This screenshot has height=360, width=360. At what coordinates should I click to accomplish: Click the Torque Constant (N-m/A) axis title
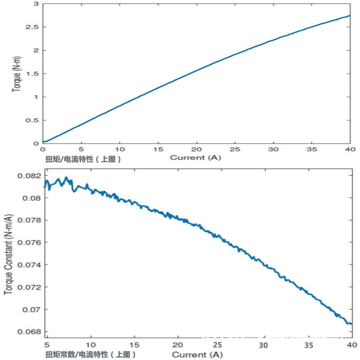click(8, 254)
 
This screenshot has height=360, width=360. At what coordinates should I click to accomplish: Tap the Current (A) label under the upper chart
click(196, 158)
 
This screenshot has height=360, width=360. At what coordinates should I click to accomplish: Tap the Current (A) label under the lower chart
click(198, 355)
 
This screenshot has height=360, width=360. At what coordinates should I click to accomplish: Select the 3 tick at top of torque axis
click(36, 4)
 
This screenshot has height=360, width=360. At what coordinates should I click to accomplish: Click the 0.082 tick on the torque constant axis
click(29, 175)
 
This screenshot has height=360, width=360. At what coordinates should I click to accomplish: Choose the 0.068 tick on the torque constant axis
click(29, 332)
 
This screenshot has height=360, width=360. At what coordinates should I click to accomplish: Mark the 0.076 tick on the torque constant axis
click(29, 243)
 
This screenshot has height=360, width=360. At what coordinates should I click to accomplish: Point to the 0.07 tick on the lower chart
click(31, 310)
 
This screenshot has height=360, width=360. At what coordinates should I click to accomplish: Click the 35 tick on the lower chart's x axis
click(308, 345)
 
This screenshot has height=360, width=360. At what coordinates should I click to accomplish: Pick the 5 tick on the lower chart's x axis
click(48, 345)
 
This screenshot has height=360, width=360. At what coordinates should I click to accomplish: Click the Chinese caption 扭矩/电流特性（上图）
click(84, 159)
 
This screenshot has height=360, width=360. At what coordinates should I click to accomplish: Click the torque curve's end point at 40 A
click(350, 16)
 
